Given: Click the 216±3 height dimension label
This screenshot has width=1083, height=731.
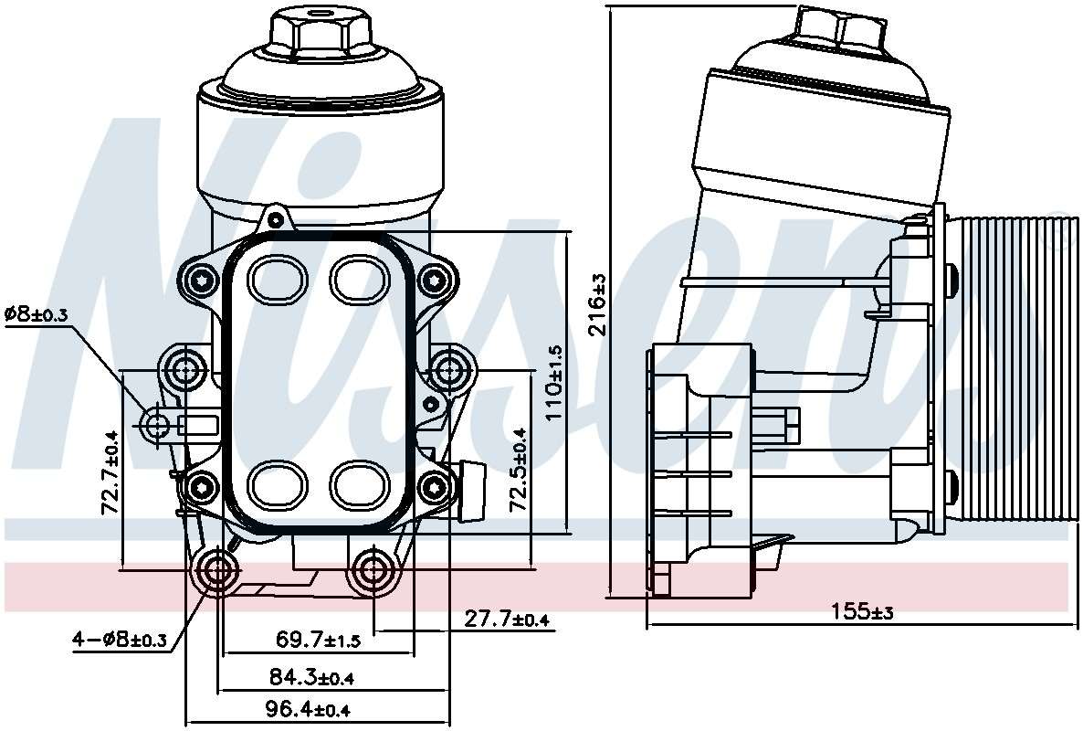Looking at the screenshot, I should [598, 303].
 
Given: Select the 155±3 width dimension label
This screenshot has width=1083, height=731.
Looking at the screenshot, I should [861, 611].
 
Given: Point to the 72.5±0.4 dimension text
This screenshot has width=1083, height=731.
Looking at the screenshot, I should [519, 470].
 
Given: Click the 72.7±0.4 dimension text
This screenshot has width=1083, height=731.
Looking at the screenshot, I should [111, 471].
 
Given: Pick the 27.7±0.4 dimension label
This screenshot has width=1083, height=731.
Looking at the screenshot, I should [507, 620].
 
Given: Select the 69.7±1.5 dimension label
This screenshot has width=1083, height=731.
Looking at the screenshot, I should [318, 641].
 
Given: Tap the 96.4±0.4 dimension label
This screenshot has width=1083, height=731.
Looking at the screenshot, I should [309, 709].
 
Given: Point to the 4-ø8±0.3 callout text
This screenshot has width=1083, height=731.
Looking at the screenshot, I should [120, 640].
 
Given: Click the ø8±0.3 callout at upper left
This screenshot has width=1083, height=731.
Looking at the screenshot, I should [37, 314].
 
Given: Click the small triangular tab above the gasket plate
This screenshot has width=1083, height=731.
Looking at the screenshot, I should [274, 220].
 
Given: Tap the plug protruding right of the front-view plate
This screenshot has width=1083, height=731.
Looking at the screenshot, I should [472, 489].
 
